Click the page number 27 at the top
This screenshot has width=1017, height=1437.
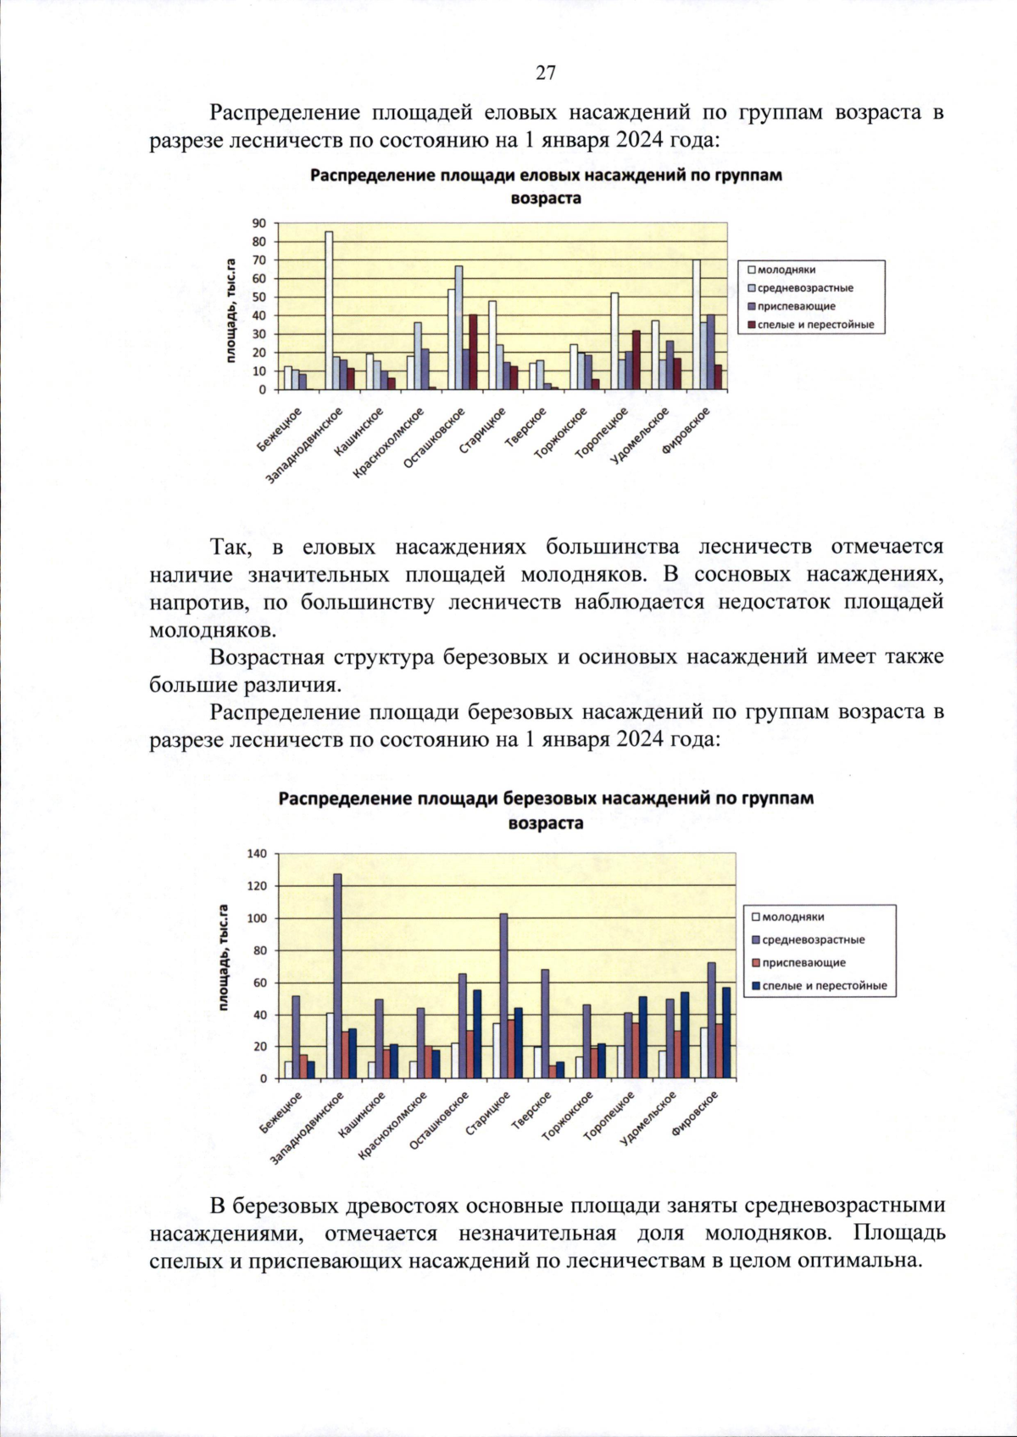[x=545, y=73]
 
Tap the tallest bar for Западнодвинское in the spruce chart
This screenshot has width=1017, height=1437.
[x=329, y=310]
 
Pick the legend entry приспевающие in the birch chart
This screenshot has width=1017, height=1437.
[x=803, y=962]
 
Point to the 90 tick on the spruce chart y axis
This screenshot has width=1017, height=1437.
[x=258, y=223]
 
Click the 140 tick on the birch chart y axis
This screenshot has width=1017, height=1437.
[x=257, y=854]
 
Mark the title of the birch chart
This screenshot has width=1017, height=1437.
[x=546, y=810]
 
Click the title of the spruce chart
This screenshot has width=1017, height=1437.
[x=546, y=187]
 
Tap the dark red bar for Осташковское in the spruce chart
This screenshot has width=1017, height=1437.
[x=473, y=352]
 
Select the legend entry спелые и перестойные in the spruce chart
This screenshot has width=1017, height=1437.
[x=814, y=325]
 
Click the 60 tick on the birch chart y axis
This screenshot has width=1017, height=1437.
[x=260, y=983]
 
